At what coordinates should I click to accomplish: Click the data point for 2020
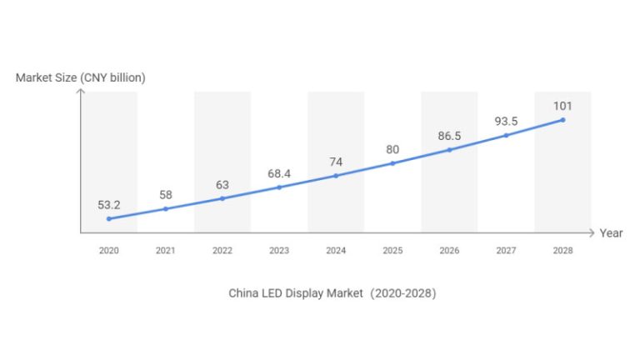[x=108, y=219]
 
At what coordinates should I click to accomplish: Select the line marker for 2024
[x=336, y=176]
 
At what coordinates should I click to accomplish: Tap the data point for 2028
[x=562, y=120]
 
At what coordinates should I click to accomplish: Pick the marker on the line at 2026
[x=449, y=150]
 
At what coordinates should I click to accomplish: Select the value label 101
[x=562, y=105]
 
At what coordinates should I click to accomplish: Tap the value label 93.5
[x=506, y=121]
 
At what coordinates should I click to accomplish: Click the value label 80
[x=392, y=149]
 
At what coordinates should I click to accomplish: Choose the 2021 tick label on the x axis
[x=165, y=250]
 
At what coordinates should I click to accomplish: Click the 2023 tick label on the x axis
[x=278, y=250]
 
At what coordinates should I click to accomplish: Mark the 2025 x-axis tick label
[x=392, y=250]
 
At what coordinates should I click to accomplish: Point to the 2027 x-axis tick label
[x=506, y=250]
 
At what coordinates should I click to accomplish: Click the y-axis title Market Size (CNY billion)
[x=81, y=77]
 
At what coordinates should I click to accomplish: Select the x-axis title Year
[x=611, y=233]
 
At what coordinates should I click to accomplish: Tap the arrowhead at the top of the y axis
[x=81, y=90]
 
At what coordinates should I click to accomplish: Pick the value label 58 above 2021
[x=165, y=195]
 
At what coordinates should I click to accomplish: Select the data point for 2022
[x=222, y=198]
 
